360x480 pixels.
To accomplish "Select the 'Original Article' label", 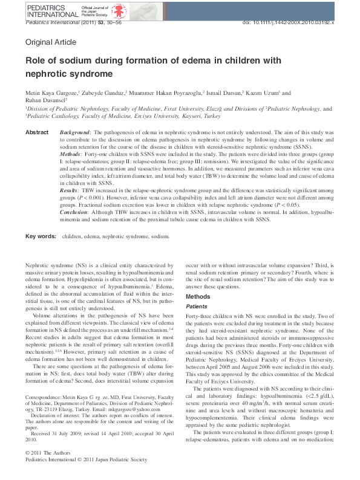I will pos(51,42).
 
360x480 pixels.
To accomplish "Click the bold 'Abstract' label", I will pos(37,132).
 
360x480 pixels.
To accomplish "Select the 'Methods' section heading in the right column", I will pos(198,297).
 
